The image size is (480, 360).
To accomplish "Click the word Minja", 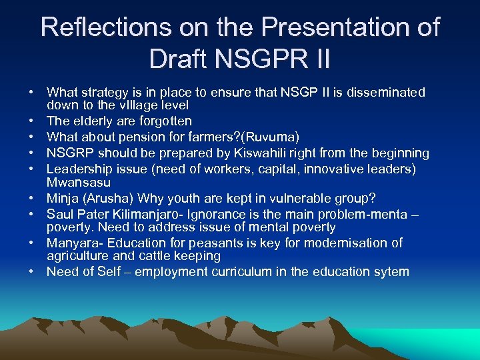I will [x=63, y=198].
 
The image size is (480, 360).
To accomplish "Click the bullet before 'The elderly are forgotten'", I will [x=31, y=121].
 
